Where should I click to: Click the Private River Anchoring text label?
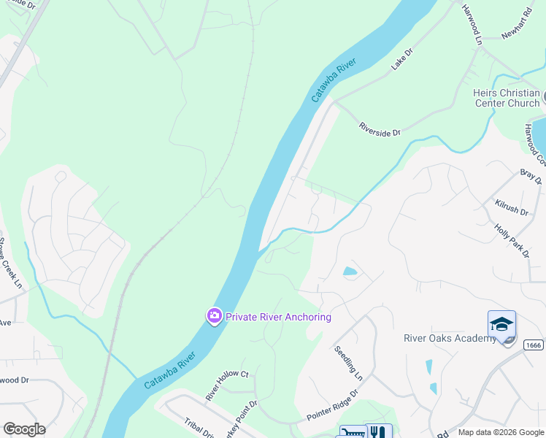(x=278, y=317)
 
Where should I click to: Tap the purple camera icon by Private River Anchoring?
(x=214, y=316)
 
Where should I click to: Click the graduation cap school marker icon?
(x=501, y=324)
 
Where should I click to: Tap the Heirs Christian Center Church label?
(x=507, y=98)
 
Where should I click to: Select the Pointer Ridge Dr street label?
(x=332, y=403)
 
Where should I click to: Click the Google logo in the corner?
(x=24, y=429)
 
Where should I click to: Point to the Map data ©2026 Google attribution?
(x=501, y=432)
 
